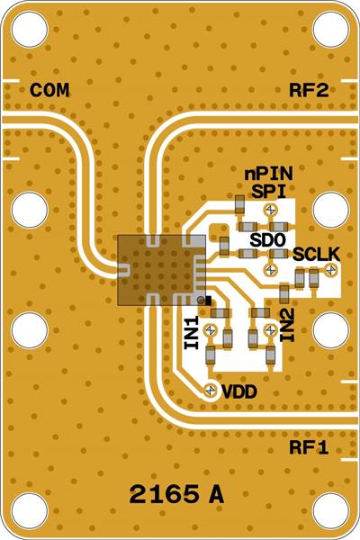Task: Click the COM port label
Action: pos(49,90)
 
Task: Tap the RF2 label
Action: pos(308,90)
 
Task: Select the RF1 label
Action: pos(308,447)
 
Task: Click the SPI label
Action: pos(268,191)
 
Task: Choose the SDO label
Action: pos(267,240)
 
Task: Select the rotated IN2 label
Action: pos(287,324)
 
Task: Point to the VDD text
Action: pos(239,391)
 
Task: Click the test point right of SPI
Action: pos(270,210)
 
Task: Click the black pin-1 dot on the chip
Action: pos(207,300)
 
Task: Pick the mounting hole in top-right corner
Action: pos(330,30)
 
